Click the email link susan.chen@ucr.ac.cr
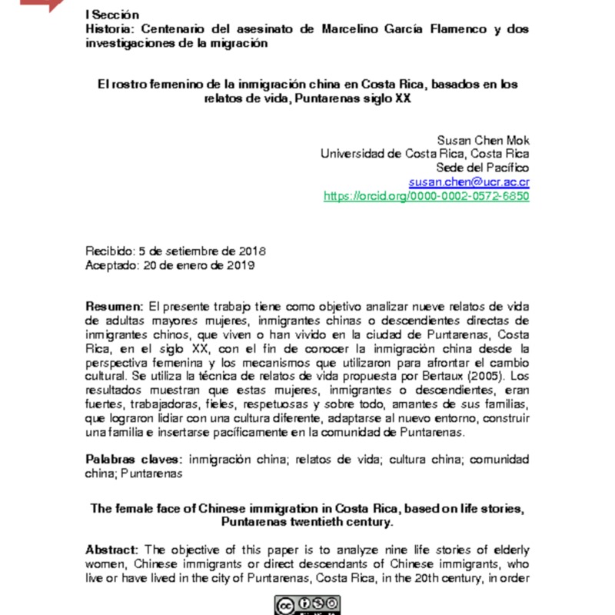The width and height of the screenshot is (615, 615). (x=469, y=182)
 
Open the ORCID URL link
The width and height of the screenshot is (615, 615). (x=427, y=197)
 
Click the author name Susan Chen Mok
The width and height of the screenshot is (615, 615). (x=483, y=140)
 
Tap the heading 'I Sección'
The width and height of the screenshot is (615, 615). (x=112, y=15)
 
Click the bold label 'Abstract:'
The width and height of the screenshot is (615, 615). (x=114, y=549)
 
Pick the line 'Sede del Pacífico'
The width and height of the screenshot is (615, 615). (x=483, y=168)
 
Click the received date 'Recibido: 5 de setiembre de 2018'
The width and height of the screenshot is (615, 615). (x=176, y=251)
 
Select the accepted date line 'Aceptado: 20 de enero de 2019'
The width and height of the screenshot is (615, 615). (x=170, y=266)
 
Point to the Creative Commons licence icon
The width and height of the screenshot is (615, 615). (x=307, y=605)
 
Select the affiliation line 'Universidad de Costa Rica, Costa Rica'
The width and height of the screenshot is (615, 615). (x=424, y=154)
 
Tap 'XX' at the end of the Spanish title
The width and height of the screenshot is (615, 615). (x=402, y=99)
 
